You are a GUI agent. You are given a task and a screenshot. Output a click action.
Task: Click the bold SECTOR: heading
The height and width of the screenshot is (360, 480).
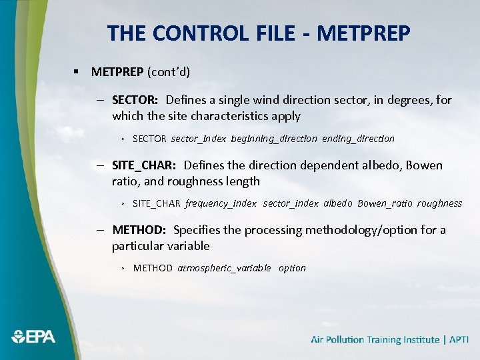click(135, 100)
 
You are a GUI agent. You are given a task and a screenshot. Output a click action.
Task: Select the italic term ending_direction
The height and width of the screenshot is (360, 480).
click(358, 139)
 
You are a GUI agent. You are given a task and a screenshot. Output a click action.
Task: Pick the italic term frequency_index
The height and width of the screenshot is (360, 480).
click(221, 203)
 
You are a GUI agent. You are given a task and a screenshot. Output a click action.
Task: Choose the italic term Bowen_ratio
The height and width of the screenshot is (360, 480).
click(385, 203)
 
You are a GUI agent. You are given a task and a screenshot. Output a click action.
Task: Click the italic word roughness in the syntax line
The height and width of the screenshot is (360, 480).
click(439, 203)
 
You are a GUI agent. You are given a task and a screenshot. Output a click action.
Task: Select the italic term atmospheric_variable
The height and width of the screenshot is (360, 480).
click(224, 268)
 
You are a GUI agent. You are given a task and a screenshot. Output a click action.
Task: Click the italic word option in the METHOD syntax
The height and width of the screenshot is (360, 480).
click(292, 268)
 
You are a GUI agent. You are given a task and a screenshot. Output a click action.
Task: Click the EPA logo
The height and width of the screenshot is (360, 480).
click(33, 336)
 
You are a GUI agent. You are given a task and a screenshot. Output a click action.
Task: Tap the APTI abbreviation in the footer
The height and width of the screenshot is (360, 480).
click(459, 339)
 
